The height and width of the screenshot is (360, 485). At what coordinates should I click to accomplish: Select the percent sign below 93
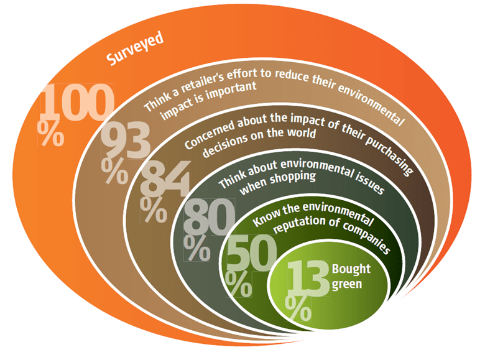tap(114, 172)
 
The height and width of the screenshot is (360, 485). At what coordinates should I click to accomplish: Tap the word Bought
tap(351, 269)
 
